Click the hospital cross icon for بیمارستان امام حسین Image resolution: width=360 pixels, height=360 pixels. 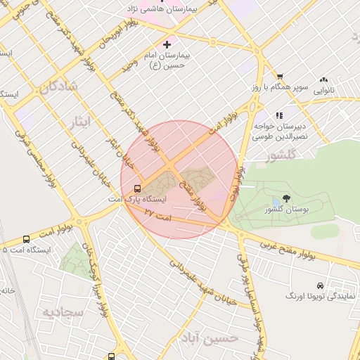(167, 44)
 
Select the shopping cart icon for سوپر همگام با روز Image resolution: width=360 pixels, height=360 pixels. (279, 76)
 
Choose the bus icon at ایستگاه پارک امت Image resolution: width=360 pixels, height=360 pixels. (136, 188)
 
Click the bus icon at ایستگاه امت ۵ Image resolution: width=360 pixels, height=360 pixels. (26, 239)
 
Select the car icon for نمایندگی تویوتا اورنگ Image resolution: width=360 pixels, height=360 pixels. (321, 285)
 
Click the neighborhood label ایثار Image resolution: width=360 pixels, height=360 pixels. (82, 122)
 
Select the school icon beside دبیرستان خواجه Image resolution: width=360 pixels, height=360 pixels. (279, 115)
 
